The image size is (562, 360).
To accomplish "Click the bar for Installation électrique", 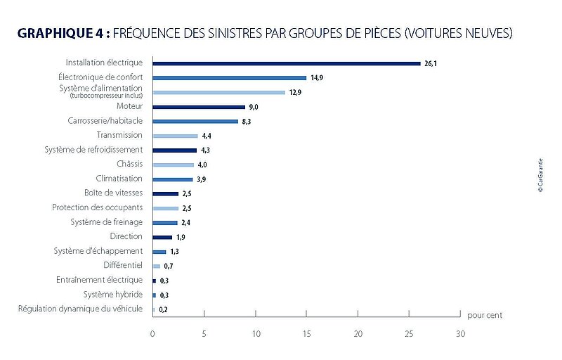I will pos(286,63).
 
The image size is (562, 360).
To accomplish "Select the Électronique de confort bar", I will pos(229,77).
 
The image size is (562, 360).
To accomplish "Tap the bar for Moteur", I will pos(199,107).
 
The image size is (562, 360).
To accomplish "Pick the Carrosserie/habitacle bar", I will pos(195,121).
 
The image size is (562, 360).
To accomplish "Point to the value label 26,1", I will pos(431,63).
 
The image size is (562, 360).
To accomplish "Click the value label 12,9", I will pos(296,92).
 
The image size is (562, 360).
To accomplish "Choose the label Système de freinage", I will pos(106,222).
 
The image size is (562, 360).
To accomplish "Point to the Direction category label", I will pos(126,236).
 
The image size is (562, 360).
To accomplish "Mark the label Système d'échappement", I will pos(98,251).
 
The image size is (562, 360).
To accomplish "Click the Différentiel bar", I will pos(156,266).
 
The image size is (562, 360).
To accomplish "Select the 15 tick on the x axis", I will pos(306,333).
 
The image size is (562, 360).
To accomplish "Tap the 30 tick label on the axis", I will pos(460,333).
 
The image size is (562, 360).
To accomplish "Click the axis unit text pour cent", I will pos(485,315).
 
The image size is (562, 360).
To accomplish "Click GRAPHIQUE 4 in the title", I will pos(63,33).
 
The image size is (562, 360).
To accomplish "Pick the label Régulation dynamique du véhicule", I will pos(80,309).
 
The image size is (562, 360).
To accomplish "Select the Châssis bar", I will pos(173,165).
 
